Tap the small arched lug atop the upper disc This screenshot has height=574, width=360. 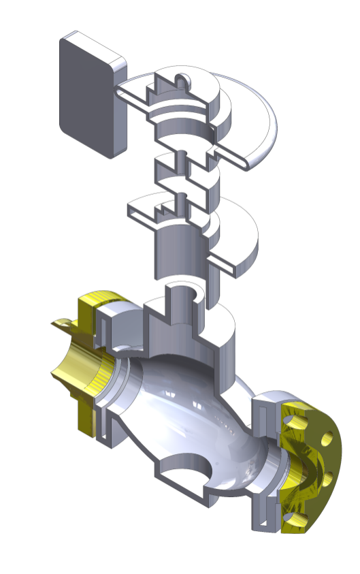[x=183, y=80]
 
